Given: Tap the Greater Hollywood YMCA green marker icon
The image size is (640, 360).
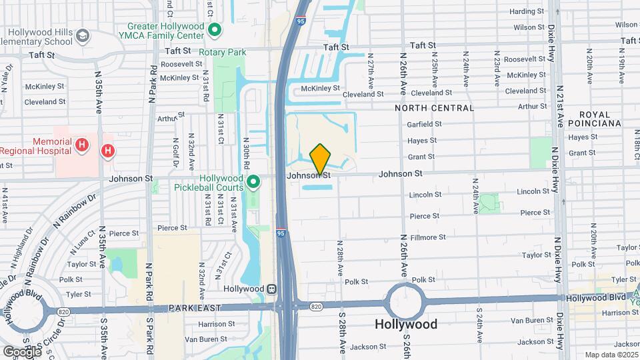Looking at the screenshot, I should point(215,30).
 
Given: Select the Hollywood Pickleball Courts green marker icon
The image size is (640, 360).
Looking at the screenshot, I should point(253,182).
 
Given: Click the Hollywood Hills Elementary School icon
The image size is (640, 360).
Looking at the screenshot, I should point(83,35).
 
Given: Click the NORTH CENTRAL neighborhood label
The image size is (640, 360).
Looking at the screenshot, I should point(434,107).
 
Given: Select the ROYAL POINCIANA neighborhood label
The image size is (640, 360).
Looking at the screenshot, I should point(599,119).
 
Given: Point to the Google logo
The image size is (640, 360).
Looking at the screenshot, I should point(21,351).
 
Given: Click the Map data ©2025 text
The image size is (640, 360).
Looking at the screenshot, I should point(611,355).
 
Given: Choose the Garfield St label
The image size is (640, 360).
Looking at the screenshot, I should point(425,124).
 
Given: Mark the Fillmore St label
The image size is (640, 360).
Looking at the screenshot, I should point(428,237).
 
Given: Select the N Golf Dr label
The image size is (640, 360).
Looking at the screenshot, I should point(176,153).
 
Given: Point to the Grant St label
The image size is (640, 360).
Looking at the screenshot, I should point(421,157).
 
